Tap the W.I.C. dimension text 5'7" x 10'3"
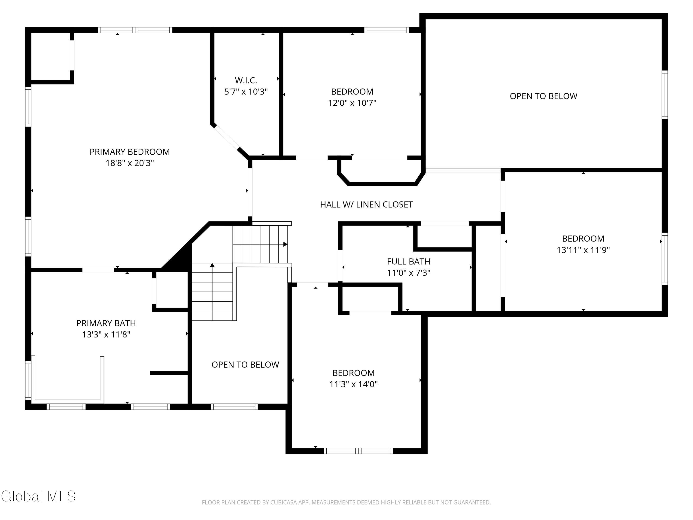click(x=246, y=92)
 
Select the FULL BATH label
click(x=409, y=261)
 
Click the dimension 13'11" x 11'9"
click(x=583, y=250)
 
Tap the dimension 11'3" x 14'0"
click(x=353, y=384)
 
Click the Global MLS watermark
click(x=38, y=496)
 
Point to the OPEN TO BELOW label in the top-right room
click(x=544, y=96)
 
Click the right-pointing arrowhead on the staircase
click(x=286, y=244)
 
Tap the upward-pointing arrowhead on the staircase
click(x=212, y=265)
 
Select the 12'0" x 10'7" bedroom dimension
click(x=352, y=103)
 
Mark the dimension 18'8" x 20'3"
click(x=130, y=163)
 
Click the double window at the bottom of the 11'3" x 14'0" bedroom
click(x=358, y=451)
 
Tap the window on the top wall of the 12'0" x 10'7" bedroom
click(x=387, y=30)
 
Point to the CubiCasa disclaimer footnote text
click(x=346, y=502)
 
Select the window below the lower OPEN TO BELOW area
click(x=234, y=407)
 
